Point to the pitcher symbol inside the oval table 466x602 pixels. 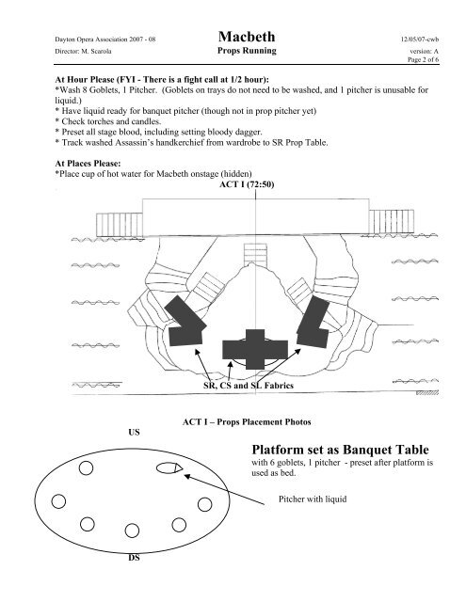coord(169,467)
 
